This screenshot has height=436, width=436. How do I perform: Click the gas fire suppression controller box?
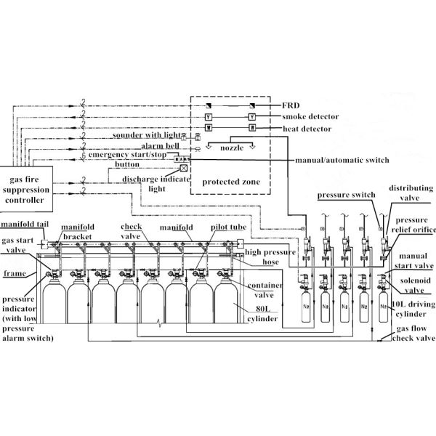click(x=26, y=189)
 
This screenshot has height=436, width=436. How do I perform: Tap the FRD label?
click(x=291, y=105)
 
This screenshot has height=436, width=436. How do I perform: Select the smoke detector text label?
click(x=310, y=116)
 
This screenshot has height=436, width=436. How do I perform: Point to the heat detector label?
click(x=307, y=129)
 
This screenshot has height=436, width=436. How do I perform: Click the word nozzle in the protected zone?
click(x=232, y=148)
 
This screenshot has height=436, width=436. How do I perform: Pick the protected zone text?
click(x=231, y=182)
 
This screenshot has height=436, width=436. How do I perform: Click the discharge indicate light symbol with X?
click(x=184, y=168)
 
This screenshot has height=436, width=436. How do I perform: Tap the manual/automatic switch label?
click(x=342, y=160)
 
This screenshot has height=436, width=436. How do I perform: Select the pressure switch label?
click(x=347, y=195)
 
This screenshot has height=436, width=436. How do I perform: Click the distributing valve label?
click(x=411, y=193)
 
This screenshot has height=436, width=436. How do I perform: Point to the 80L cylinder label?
click(x=262, y=314)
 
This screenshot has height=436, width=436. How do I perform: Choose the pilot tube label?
click(x=229, y=227)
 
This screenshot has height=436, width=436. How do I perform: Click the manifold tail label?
click(x=25, y=224)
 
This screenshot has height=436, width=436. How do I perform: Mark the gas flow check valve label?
click(x=413, y=334)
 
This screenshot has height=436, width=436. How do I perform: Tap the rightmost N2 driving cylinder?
click(x=384, y=306)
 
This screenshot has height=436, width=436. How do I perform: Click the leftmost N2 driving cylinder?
click(x=306, y=306)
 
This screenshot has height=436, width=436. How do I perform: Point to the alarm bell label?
click(x=160, y=146)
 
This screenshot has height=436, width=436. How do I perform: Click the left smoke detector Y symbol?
click(x=209, y=117)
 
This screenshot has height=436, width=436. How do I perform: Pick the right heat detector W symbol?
click(x=252, y=128)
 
